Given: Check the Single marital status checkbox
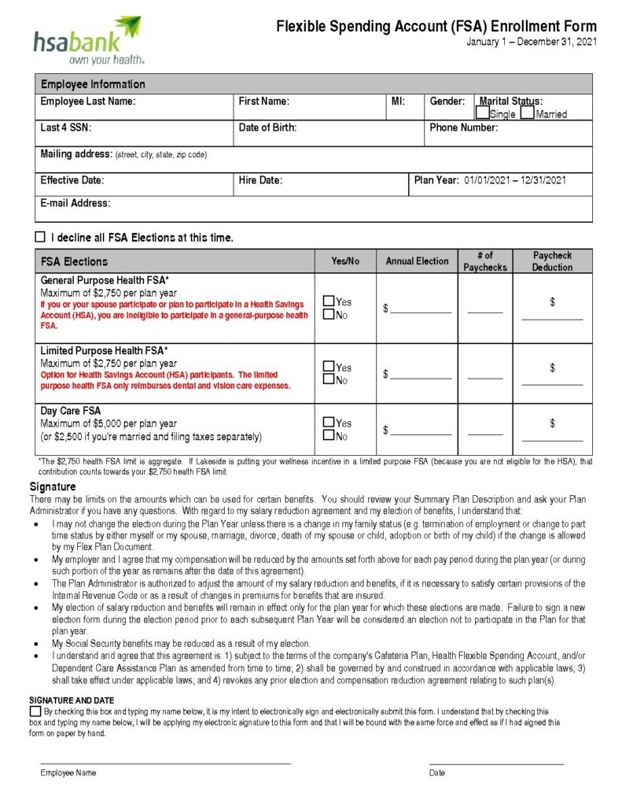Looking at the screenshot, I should tap(483, 113).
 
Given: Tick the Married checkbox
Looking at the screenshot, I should tap(527, 113).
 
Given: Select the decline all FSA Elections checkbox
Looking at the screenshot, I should tap(40, 237).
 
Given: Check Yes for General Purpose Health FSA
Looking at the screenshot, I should tap(329, 301).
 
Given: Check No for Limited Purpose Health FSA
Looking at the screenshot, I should tap(329, 380).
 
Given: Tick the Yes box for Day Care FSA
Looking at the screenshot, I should tap(329, 423).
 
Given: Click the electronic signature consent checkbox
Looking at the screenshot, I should tap(35, 712).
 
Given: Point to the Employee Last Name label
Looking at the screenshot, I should tap(88, 102).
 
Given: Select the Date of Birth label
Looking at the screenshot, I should tap(267, 128).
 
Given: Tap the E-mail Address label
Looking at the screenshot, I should tap(75, 203).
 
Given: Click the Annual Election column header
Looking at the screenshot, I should tap(417, 261).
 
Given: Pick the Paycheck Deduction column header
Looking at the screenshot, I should tap(552, 261).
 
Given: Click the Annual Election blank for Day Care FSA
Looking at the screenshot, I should tap(421, 431).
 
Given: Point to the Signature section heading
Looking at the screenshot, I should tap(53, 487).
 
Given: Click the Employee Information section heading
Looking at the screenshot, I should tap(93, 84).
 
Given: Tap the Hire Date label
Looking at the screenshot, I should tap(260, 180).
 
